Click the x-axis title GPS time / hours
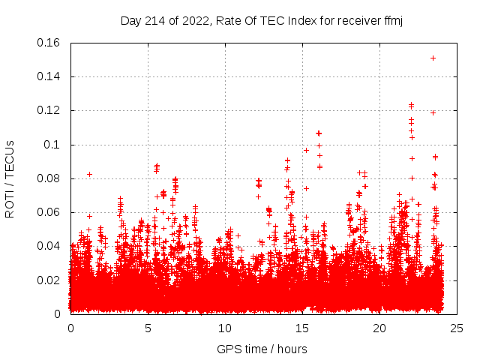pos(262,349)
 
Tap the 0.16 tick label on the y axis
pos(49,43)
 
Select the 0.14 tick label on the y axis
pos(49,76)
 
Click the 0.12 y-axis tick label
pos(49,110)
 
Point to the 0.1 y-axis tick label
pos(52,144)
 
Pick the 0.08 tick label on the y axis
pos(49,178)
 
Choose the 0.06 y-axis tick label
pos(49,212)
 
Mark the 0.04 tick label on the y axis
pos(49,246)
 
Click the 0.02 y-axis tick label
pos(49,280)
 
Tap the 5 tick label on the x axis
pos(148,328)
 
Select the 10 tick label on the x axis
pos(225,328)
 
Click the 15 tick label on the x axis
pos(302,328)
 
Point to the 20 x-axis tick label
pos(379,328)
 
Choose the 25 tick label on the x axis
pos(457,328)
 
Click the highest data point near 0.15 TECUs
pos(433,58)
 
